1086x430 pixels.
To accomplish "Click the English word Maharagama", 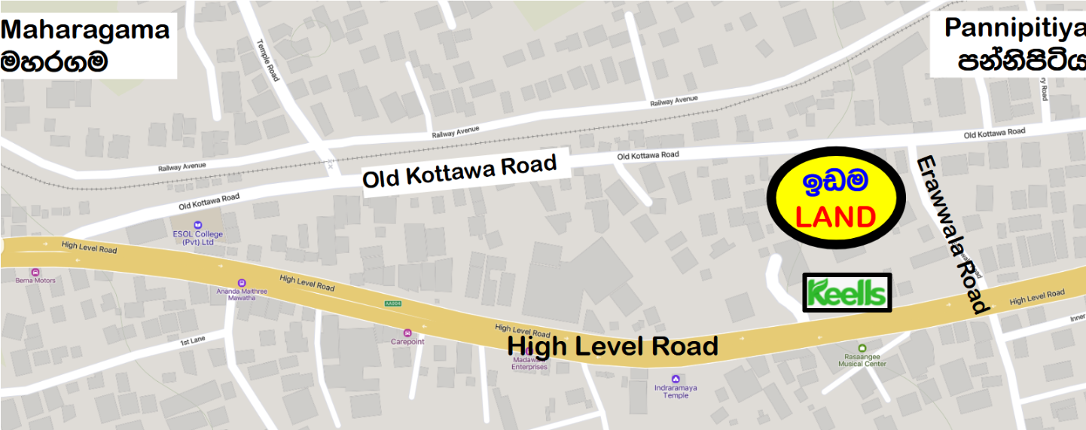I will [x=86, y=29].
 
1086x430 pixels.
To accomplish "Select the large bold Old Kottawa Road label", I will [x=459, y=172].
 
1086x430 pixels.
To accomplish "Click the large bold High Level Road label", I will [x=612, y=346].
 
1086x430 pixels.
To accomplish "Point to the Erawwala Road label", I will [x=950, y=233].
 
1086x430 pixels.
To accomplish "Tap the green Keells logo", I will [x=847, y=293].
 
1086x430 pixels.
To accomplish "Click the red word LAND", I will [x=835, y=218].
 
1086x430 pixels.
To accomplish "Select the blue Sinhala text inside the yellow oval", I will [x=835, y=181].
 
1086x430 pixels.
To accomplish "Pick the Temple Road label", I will [x=268, y=60].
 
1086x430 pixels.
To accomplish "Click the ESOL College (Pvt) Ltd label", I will [x=197, y=239].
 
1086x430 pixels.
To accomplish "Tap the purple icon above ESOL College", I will [x=198, y=225].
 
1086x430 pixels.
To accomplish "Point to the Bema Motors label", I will [x=35, y=280].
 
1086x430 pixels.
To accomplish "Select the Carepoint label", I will [x=407, y=341].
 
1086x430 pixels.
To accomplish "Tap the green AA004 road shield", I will [x=392, y=303].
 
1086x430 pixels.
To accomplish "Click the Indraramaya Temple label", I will [x=676, y=392].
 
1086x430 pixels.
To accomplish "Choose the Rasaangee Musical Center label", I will [x=862, y=361].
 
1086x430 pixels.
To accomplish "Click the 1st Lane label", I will [x=193, y=343].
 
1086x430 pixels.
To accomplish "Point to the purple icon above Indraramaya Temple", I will [x=676, y=379].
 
